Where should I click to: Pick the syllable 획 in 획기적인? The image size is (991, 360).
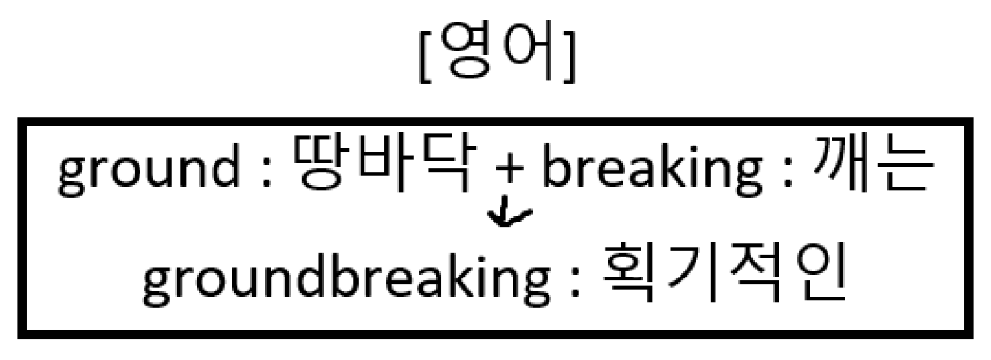pyautogui.click(x=628, y=275)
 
